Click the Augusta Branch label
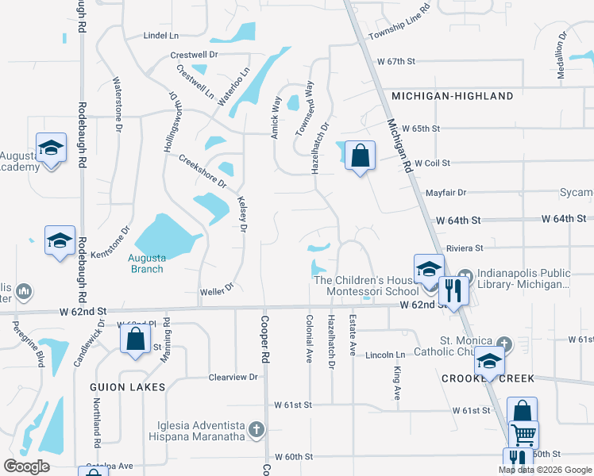[147, 263]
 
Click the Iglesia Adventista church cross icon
[256, 429]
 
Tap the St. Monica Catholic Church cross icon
[503, 344]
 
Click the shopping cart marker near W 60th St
[523, 435]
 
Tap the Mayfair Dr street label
[445, 192]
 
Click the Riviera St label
[465, 247]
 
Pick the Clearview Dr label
[233, 378]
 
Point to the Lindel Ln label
[161, 36]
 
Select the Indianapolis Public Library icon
[465, 276]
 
